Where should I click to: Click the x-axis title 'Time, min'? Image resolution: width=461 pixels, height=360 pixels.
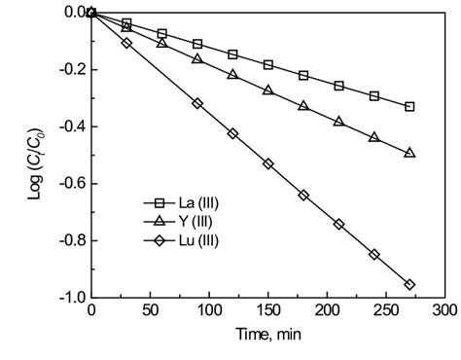coord(267,336)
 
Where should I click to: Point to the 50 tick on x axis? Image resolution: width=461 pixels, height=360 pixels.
coord(149,311)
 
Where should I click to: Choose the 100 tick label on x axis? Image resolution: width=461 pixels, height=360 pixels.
coord(208,311)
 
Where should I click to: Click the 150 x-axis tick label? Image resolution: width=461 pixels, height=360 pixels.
coord(267,311)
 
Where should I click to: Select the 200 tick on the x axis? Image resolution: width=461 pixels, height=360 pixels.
coord(327,311)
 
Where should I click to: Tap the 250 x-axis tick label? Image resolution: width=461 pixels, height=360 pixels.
coord(386,311)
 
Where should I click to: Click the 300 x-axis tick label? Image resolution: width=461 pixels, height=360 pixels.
coord(444,311)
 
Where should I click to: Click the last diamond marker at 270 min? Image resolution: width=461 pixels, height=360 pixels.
coord(409,284)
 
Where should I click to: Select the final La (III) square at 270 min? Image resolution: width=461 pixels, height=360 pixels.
coord(409,107)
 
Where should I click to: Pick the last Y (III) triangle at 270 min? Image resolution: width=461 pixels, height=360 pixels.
coord(409,153)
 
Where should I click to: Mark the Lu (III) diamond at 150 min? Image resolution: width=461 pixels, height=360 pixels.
coord(267,163)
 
